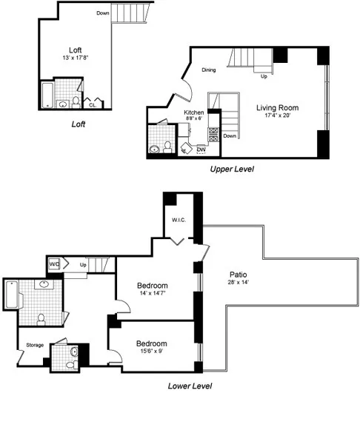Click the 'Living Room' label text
(276, 108)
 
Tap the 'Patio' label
(237, 272)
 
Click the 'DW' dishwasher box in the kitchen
(201, 149)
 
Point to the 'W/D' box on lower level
(55, 263)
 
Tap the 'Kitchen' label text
(194, 112)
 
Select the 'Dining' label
(209, 71)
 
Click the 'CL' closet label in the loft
(93, 104)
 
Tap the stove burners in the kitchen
(213, 134)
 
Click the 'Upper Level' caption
(232, 169)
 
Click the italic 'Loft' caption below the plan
(78, 124)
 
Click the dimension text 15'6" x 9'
(152, 353)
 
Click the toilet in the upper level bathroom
(168, 145)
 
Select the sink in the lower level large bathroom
(44, 283)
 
